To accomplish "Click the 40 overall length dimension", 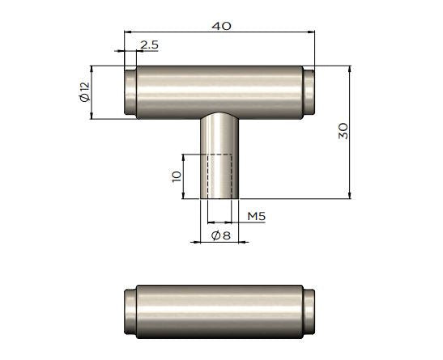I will (221, 25).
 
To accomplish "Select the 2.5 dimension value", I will (149, 44).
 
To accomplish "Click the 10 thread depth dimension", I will (177, 176).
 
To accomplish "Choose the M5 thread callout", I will (257, 216).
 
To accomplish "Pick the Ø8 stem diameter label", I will (220, 235).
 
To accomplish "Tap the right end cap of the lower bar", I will (309, 311).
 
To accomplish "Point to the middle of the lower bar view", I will (219, 311).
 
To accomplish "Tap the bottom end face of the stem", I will (219, 197).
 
